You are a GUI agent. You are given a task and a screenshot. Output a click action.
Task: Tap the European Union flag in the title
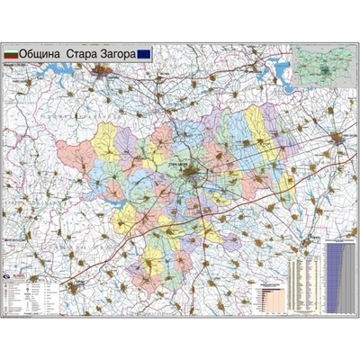click(146, 54)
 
